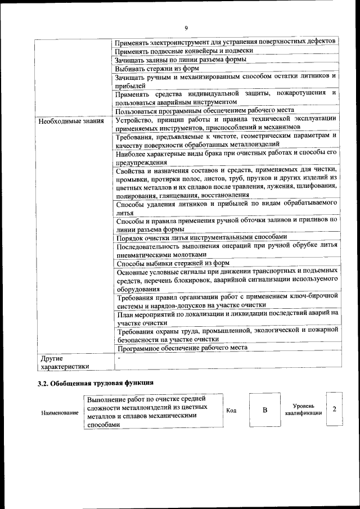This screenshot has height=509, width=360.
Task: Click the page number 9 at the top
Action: tap(186, 28)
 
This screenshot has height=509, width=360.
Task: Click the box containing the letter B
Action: tap(264, 410)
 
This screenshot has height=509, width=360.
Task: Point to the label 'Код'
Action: tap(231, 411)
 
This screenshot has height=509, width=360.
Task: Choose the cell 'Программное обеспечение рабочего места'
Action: tap(182, 348)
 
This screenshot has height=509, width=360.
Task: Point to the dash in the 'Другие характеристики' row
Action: tap(119, 357)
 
